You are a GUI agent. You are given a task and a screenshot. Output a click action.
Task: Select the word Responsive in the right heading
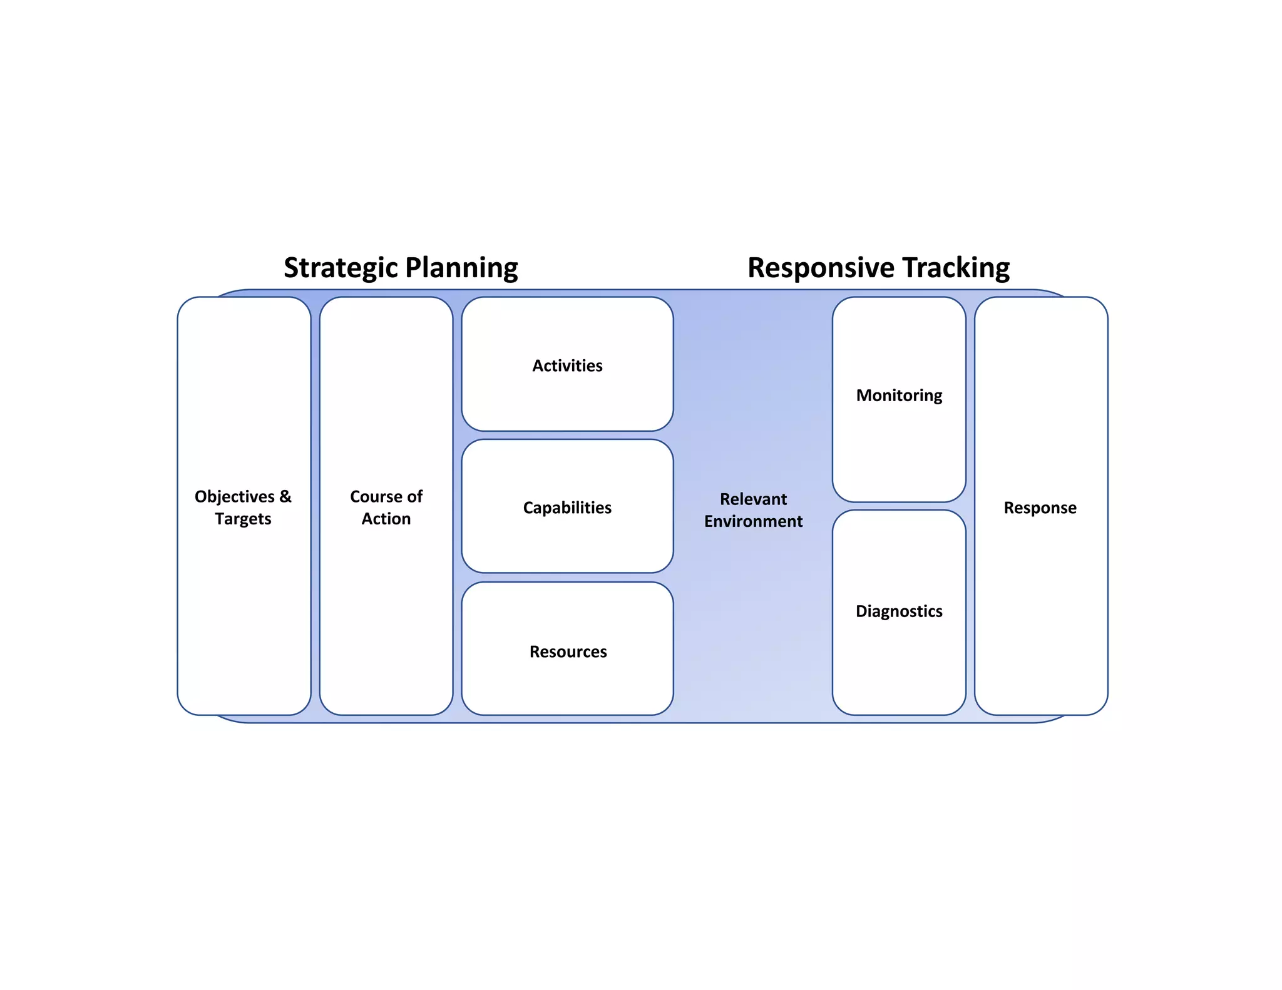(x=821, y=268)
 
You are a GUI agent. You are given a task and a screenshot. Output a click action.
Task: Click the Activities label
(x=567, y=365)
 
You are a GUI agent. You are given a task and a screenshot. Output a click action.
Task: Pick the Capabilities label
(x=567, y=508)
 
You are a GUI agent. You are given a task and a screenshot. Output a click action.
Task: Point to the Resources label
(x=568, y=651)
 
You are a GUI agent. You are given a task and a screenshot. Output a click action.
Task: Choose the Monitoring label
(x=899, y=395)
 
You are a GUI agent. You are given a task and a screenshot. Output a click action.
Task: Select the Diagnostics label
(x=899, y=611)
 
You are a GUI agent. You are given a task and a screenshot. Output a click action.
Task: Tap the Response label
(x=1040, y=508)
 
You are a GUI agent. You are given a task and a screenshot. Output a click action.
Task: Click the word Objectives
(x=235, y=496)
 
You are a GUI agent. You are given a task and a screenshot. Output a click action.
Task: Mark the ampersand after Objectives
(x=285, y=496)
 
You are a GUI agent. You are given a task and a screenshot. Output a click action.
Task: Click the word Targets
(x=243, y=519)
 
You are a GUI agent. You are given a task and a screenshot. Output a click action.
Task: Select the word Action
(x=386, y=519)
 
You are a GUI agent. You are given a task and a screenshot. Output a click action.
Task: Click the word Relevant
(x=753, y=499)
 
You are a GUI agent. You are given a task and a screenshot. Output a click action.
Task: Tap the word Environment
(x=753, y=521)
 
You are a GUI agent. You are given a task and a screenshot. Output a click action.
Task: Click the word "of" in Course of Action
(x=414, y=496)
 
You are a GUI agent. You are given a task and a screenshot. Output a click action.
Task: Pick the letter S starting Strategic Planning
(x=292, y=268)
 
